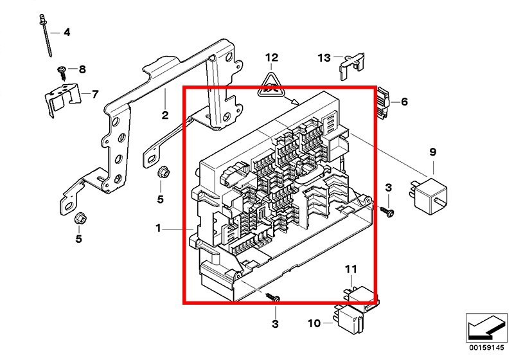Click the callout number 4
coord(67,32)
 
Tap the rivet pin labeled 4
coord(46,35)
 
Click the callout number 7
coord(95,94)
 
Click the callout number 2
coord(165,115)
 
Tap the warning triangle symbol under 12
coord(270,86)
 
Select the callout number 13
coord(324,58)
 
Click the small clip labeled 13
coord(351,66)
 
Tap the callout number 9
coord(432,152)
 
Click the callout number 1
coord(158,228)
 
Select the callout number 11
coord(350,269)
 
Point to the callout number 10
coord(314,323)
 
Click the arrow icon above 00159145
coord(486,328)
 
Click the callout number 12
coord(271,58)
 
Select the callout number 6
coord(405,102)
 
